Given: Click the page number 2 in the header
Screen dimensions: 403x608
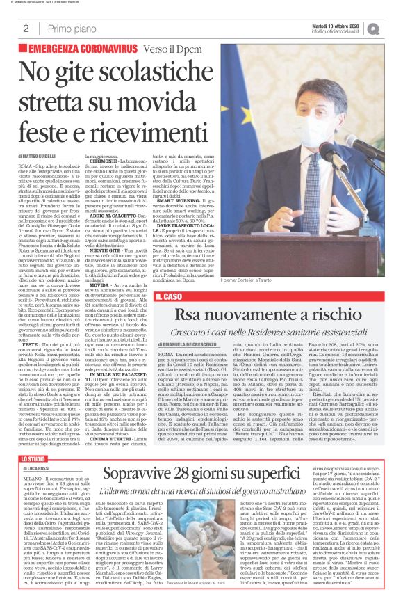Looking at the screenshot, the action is [x=26, y=29].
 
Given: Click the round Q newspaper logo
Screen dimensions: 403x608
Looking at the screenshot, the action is [x=393, y=29].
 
